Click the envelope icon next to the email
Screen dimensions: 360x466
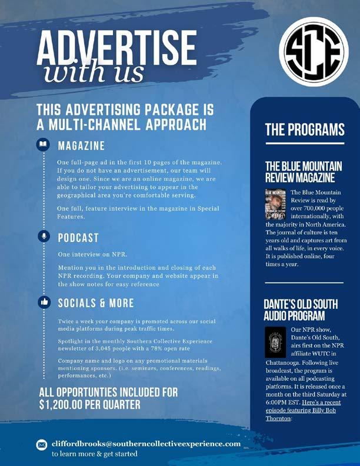coord(41,444)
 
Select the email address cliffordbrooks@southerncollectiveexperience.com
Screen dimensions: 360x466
coord(146,443)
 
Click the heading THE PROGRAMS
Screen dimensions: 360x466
coord(304,130)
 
